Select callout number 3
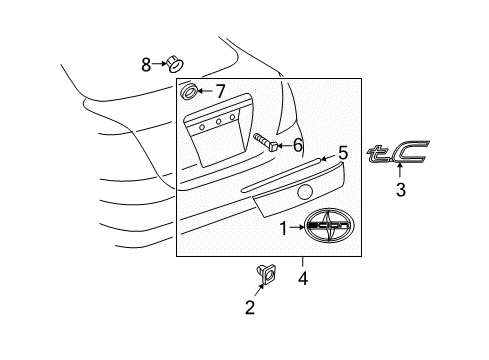[400, 189]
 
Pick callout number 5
[342, 153]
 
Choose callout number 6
[297, 145]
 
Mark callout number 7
[220, 92]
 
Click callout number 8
[146, 65]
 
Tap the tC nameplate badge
[400, 153]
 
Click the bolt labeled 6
[265, 140]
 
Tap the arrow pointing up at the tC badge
[400, 173]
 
